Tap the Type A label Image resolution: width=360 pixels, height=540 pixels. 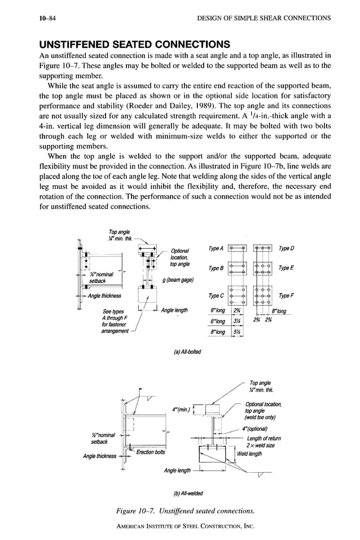tap(216, 248)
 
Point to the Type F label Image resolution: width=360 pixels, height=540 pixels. tap(287, 295)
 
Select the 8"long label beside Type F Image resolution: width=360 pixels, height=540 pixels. tap(279, 311)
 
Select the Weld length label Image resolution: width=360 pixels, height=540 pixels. tap(249, 453)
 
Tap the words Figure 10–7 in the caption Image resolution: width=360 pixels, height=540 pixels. tap(144, 512)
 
